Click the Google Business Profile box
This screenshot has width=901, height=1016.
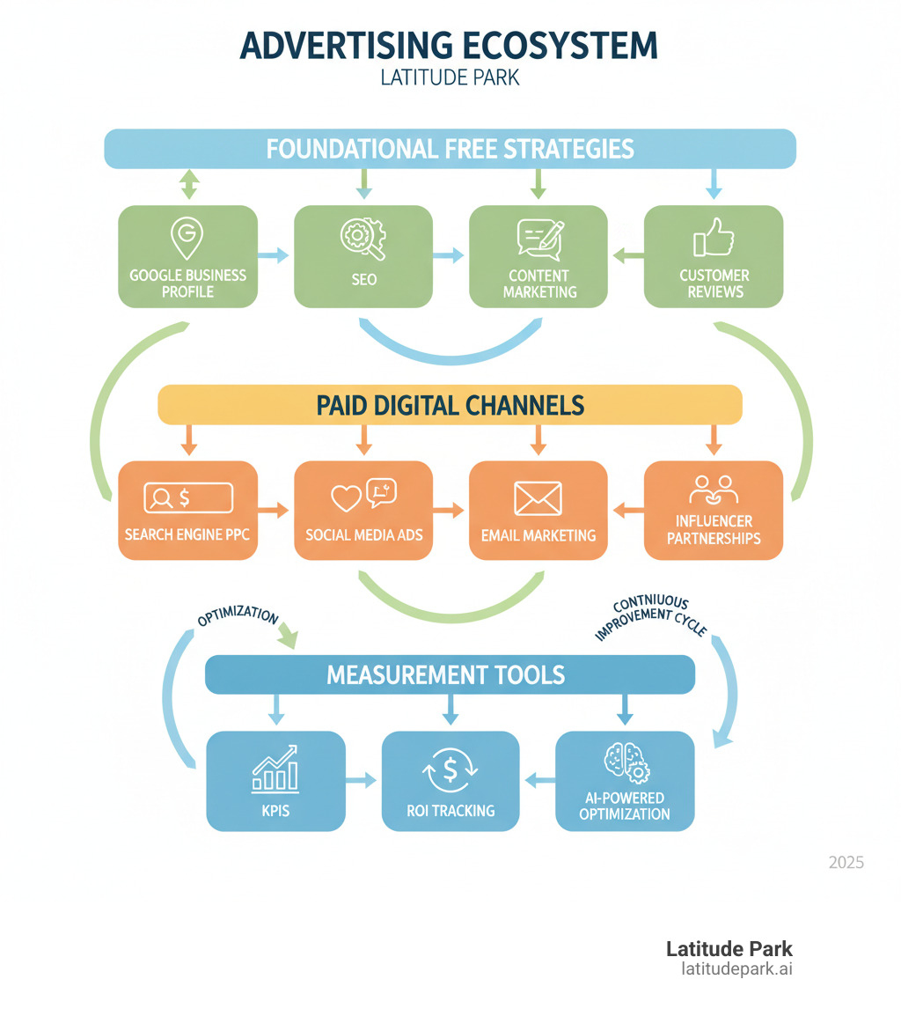click(187, 257)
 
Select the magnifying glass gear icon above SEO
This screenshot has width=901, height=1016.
click(363, 237)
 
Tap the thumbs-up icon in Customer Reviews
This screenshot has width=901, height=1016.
click(713, 237)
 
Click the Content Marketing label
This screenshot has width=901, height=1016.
click(538, 283)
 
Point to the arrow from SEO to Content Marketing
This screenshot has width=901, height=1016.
click(450, 255)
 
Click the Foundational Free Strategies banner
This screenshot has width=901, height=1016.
click(450, 148)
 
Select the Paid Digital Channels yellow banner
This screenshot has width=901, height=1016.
click(450, 405)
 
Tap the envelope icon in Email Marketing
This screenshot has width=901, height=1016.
click(538, 499)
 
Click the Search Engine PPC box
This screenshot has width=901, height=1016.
click(187, 511)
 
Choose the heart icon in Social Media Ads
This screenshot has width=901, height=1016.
click(346, 498)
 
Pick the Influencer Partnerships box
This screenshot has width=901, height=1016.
click(713, 511)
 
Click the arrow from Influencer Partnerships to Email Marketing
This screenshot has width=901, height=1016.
click(626, 509)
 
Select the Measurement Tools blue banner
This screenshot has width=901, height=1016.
click(450, 675)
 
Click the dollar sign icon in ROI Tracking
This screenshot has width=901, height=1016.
click(450, 769)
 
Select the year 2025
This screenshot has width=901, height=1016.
click(846, 862)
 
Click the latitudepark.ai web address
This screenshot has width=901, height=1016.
click(736, 969)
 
